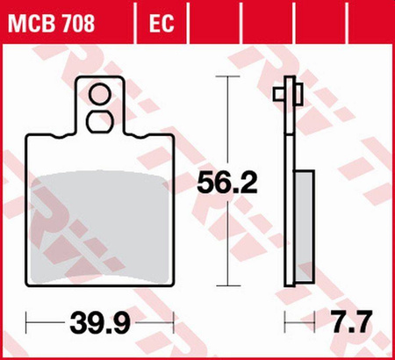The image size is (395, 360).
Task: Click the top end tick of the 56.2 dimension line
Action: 229,78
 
